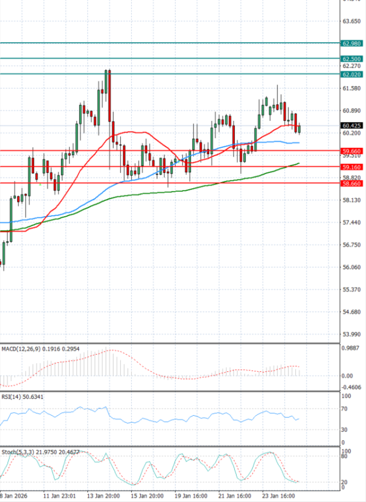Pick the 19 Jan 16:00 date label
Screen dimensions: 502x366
tap(192, 495)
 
